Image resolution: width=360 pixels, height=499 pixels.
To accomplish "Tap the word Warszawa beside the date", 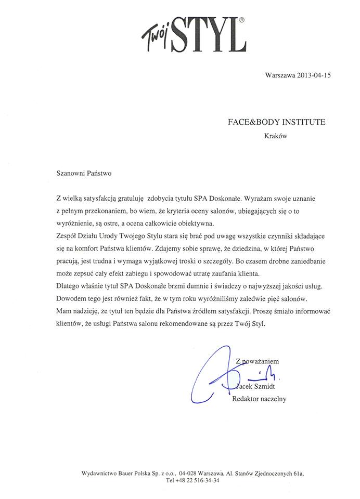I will coord(280,75).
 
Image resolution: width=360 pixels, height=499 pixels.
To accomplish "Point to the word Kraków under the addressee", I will coord(276,137).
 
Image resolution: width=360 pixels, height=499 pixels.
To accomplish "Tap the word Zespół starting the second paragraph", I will coord(67,237).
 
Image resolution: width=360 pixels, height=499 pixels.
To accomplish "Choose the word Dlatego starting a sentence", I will coord(68,286).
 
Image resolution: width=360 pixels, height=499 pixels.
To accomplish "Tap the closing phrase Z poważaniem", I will coord(258,360).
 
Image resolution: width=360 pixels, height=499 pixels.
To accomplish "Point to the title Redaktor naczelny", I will coord(259,399).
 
